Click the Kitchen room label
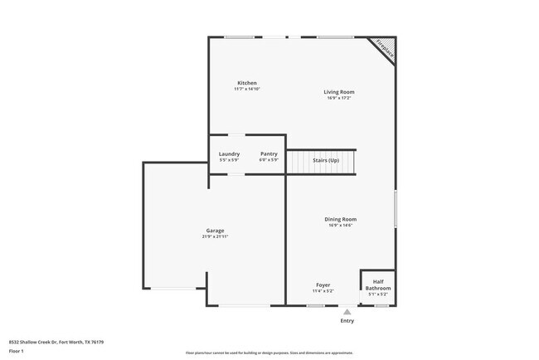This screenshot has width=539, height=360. [x=247, y=83]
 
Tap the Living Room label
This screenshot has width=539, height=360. [x=339, y=91]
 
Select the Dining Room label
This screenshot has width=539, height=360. [x=340, y=219]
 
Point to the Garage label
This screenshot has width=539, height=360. [x=215, y=231]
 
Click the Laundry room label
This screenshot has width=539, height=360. [x=229, y=153]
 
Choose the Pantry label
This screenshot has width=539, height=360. [x=269, y=153]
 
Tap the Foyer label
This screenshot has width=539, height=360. [x=323, y=285]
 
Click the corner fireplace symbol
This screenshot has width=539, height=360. [x=384, y=48]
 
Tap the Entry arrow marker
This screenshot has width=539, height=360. [x=347, y=312]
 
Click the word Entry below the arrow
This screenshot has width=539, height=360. [x=347, y=320]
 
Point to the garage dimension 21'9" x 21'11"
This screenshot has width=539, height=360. [x=215, y=236]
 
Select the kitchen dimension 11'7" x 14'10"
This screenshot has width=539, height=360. [x=247, y=89]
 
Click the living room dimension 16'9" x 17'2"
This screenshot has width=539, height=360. [x=339, y=97]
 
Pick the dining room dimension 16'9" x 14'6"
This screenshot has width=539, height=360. [x=340, y=225]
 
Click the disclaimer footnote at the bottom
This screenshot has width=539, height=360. [x=269, y=352]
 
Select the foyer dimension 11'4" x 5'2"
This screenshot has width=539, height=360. [x=323, y=291]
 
